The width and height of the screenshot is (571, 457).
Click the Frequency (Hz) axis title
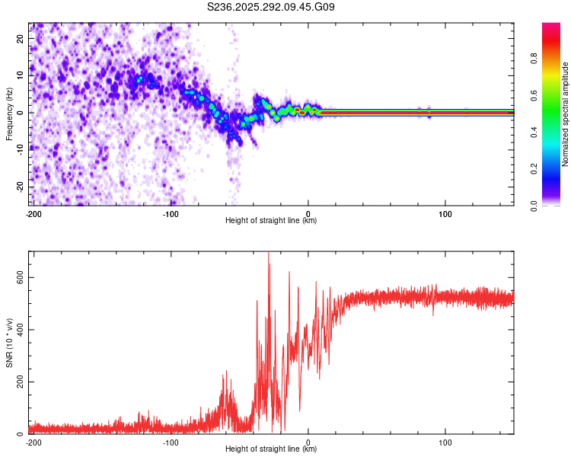(x=9, y=114)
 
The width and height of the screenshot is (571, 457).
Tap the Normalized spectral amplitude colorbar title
(x=565, y=114)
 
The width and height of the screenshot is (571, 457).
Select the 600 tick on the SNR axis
(x=18, y=278)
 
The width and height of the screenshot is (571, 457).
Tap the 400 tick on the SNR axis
(x=18, y=330)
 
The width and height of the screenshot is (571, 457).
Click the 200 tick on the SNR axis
(x=18, y=382)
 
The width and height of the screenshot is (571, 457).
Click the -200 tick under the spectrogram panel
(x=33, y=213)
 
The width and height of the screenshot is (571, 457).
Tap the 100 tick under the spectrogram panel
(x=446, y=213)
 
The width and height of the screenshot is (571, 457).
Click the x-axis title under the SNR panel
(x=271, y=449)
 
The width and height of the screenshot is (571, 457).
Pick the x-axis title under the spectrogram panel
(x=271, y=221)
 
